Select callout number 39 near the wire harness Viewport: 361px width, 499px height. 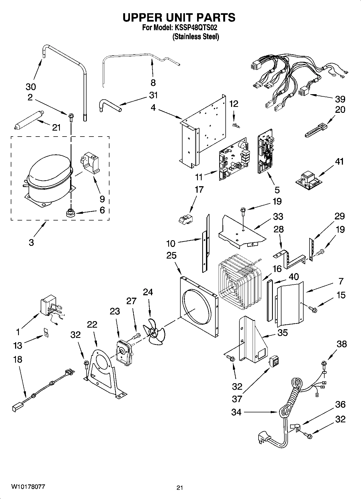340,99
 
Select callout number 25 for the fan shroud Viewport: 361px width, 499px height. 171,255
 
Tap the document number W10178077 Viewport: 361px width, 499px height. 28,487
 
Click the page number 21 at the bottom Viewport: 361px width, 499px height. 180,487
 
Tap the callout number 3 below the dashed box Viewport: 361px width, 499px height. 31,242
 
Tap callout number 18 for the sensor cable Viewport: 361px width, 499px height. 18,359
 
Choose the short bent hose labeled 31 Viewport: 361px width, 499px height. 109,106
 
